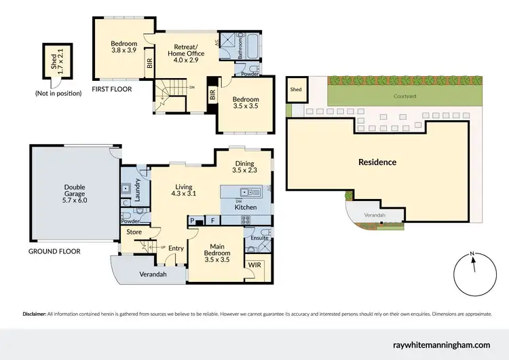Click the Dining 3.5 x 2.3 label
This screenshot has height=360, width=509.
(x=244, y=167)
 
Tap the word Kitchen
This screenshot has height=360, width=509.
(x=246, y=206)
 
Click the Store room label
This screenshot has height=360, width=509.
(x=134, y=233)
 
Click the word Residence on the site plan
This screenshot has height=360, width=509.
(x=377, y=162)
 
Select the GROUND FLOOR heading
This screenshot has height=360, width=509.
(x=54, y=251)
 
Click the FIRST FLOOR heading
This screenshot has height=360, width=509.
(x=112, y=89)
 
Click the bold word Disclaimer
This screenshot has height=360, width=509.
(x=34, y=314)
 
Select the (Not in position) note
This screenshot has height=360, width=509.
(x=58, y=93)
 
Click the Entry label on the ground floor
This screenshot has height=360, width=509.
(x=176, y=248)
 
